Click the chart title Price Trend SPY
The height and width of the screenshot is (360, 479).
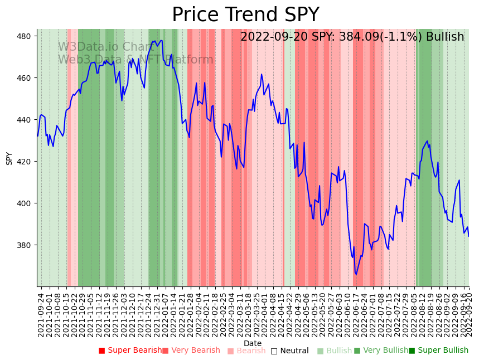(x=245, y=15)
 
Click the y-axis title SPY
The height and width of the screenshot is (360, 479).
(x=9, y=158)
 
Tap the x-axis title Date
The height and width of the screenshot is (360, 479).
(x=253, y=343)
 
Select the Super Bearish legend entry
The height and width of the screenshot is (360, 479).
(x=130, y=351)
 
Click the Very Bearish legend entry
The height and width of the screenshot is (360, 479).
(x=191, y=351)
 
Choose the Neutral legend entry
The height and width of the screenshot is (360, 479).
(x=290, y=351)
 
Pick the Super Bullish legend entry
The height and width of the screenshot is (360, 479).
(x=438, y=351)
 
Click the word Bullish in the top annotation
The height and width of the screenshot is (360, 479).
(x=444, y=37)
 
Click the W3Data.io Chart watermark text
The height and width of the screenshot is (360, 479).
(x=105, y=47)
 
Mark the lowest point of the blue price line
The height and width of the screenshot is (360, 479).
(x=356, y=274)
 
